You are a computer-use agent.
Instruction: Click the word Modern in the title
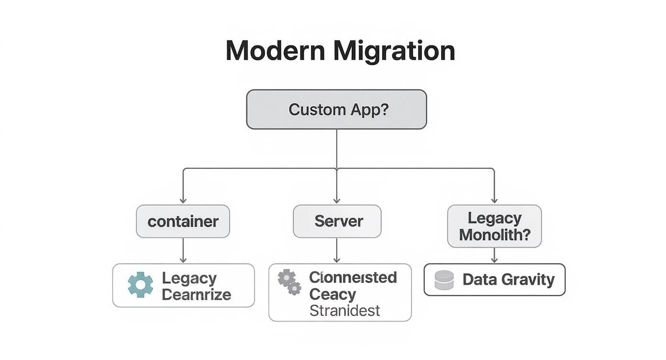[x=275, y=50]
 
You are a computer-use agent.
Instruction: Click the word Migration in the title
[x=394, y=50]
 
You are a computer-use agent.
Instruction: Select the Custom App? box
[x=336, y=109]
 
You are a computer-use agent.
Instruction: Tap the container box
[x=183, y=222]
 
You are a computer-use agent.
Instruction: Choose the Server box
[x=337, y=221]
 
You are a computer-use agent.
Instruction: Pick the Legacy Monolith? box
[x=494, y=226]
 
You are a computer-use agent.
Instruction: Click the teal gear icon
[x=141, y=285]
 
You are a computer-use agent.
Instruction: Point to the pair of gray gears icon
[x=289, y=282]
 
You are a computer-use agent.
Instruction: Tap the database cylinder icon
[x=444, y=280]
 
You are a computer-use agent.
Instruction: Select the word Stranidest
[x=344, y=311]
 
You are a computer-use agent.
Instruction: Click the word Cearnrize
[x=196, y=294]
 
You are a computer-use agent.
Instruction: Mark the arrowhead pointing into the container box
[x=183, y=200]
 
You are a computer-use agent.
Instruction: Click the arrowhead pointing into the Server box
[x=337, y=200]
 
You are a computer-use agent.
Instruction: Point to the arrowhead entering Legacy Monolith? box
[x=494, y=200]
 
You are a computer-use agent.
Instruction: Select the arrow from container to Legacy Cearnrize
[x=183, y=250]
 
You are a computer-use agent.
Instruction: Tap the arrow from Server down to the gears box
[x=337, y=250]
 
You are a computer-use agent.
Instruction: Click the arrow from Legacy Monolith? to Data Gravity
[x=494, y=255]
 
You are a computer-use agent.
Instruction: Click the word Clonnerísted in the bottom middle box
[x=353, y=278]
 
